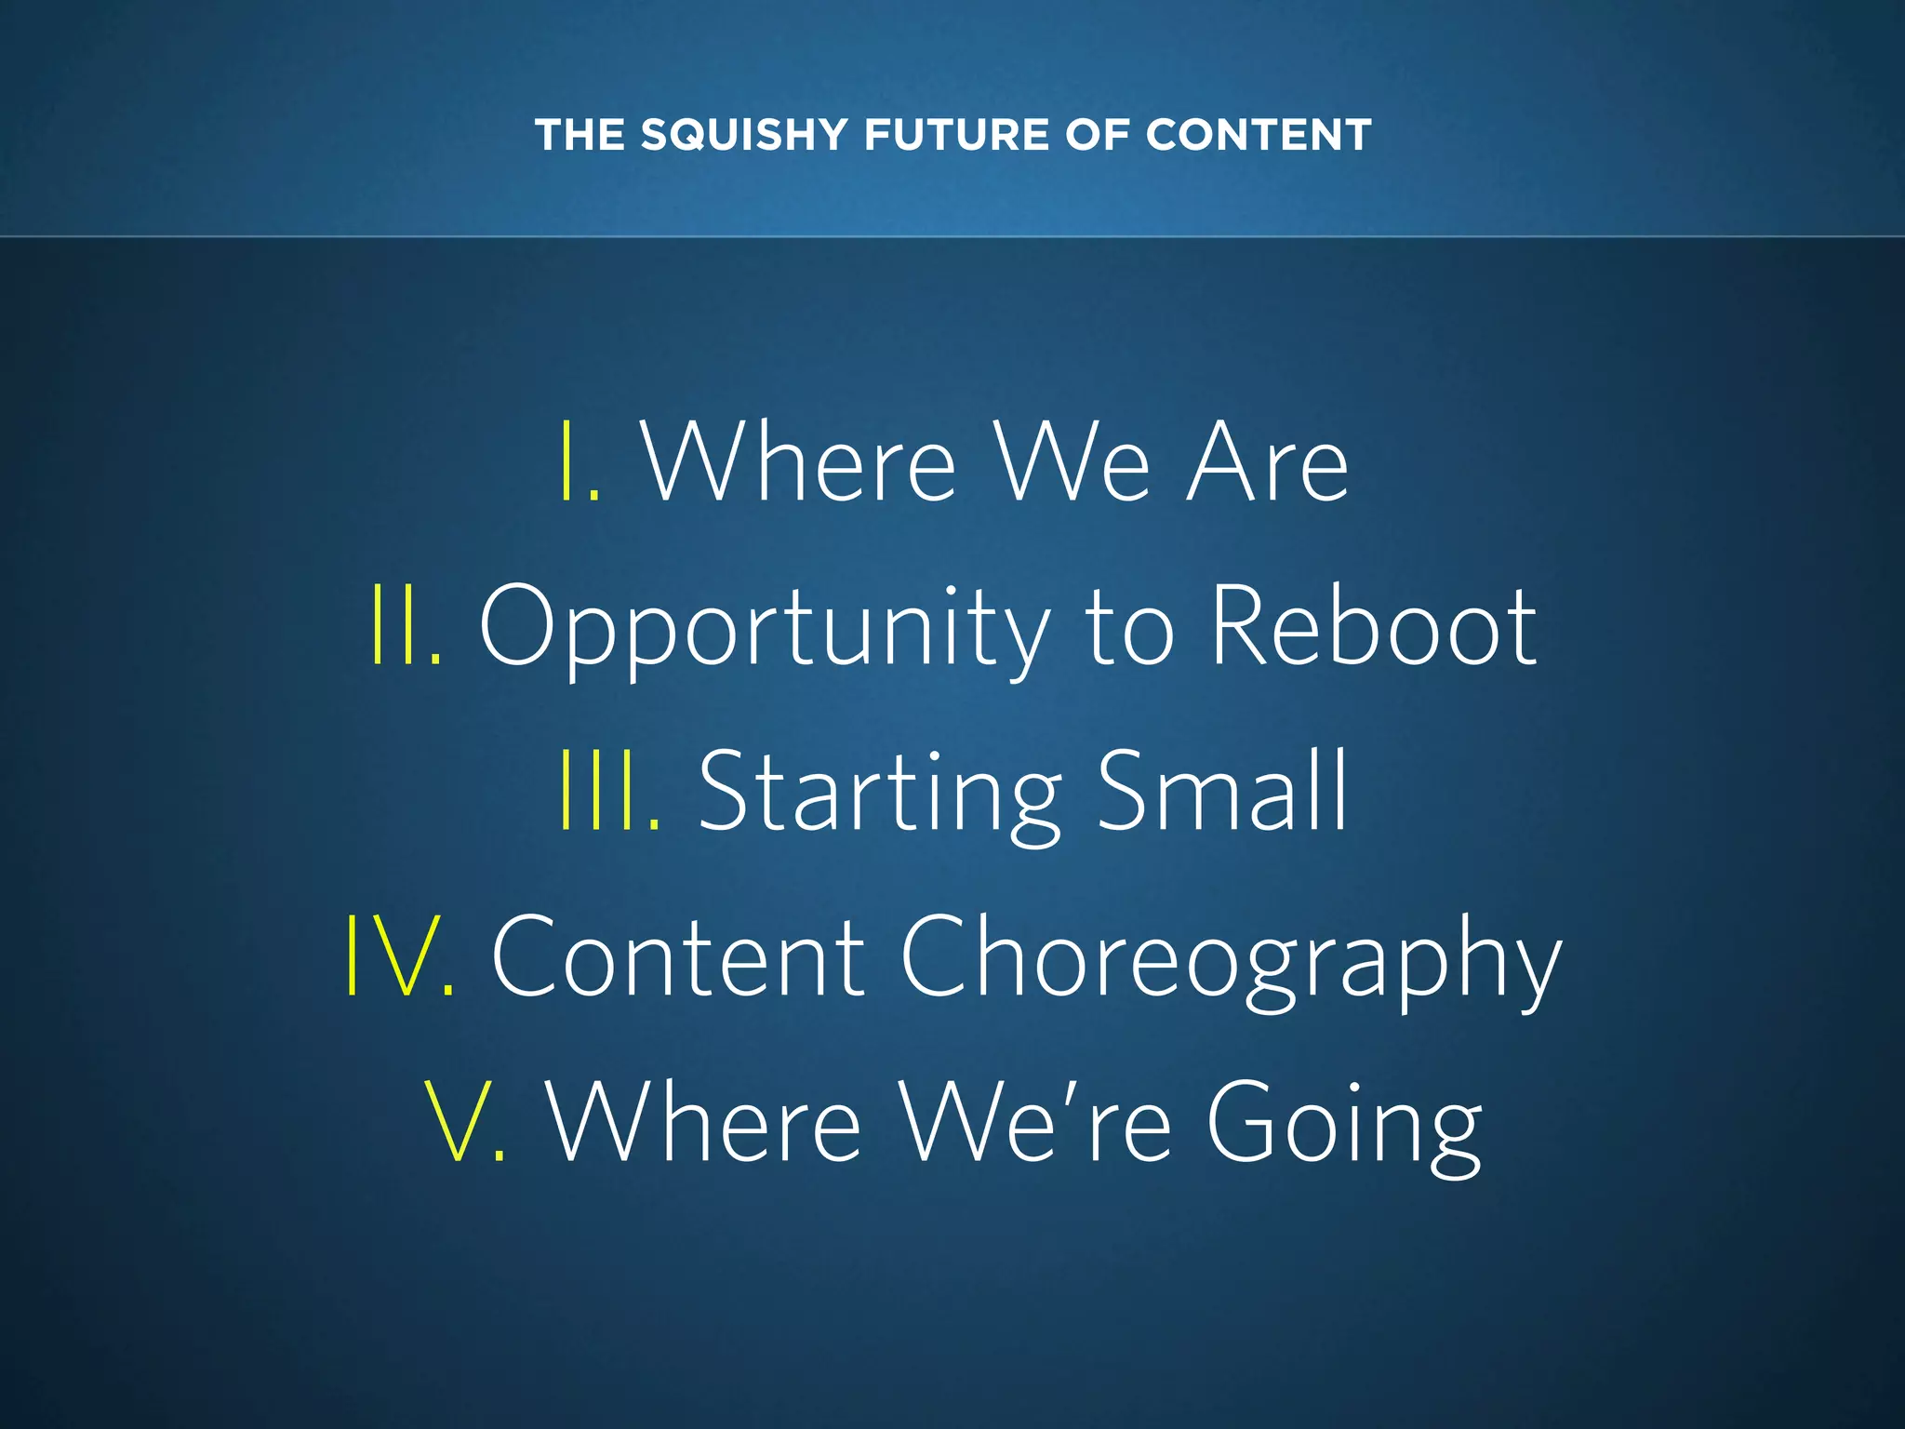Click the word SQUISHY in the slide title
743,135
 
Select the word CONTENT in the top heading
1259,135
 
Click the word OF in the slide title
1097,135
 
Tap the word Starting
880,794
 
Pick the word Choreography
1230,958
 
